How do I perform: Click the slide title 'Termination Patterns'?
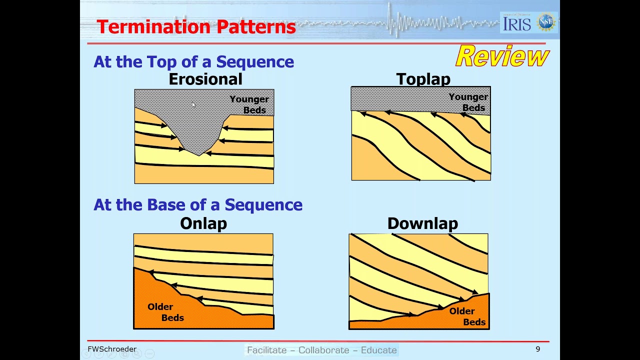pos(196,27)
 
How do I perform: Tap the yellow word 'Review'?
pos(502,56)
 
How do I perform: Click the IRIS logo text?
pos(517,23)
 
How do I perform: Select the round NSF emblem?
pos(546,22)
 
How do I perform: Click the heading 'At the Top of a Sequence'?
pos(193,62)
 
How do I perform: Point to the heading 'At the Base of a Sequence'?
pos(198,205)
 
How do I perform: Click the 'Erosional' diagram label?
pos(205,79)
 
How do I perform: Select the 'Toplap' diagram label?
pos(423,79)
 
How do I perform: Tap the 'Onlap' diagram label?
pos(203,223)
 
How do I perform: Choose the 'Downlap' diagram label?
pos(422,223)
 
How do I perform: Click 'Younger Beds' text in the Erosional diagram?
pos(249,104)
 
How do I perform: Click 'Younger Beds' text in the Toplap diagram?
pos(468,102)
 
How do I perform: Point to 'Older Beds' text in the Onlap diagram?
pos(165,312)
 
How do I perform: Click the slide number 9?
pos(538,349)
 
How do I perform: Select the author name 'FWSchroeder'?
pos(112,349)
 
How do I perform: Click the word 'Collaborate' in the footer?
pos(322,350)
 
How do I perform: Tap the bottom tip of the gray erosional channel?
pos(199,155)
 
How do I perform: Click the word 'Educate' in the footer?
pos(378,350)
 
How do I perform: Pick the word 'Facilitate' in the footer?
pos(267,350)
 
